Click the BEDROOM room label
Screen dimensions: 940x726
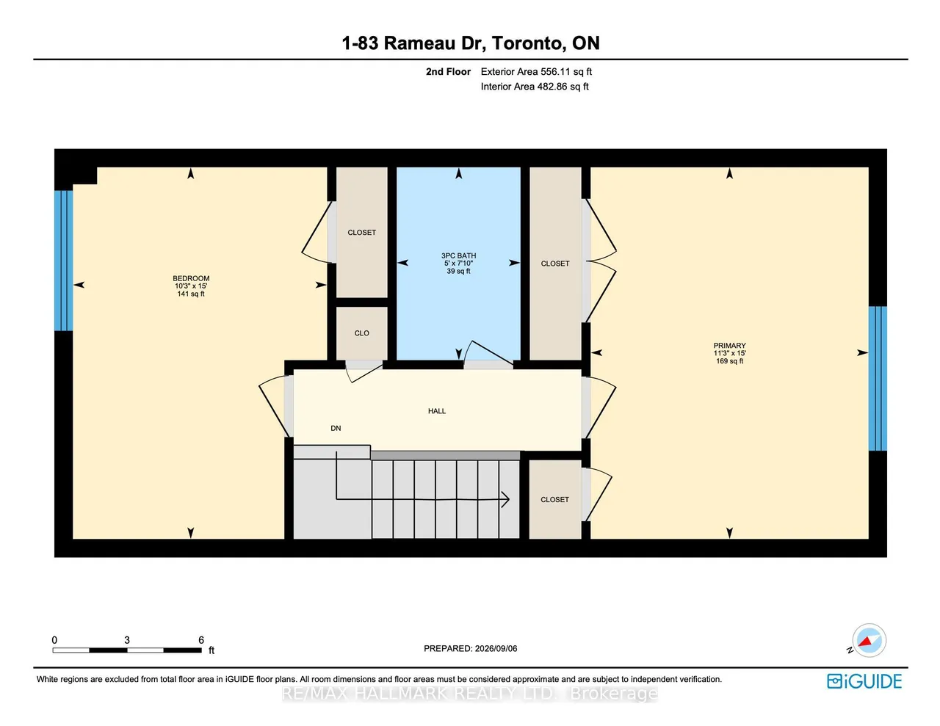[191, 278]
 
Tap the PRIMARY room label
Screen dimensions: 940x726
[729, 346]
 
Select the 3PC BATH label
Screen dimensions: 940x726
[458, 255]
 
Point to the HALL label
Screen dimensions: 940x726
[437, 411]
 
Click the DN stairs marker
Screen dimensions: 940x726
[336, 428]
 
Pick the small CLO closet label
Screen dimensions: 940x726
[361, 333]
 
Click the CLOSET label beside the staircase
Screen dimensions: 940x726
[554, 499]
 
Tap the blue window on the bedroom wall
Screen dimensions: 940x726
[64, 261]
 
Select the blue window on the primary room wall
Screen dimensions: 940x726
[878, 378]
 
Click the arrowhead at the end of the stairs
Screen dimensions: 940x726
[506, 499]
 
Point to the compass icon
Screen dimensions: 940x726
[869, 640]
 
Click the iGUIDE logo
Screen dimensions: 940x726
[864, 681]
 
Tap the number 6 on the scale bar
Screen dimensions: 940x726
[201, 640]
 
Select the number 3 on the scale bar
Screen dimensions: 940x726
[127, 640]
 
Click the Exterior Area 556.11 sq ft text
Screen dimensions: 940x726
[536, 72]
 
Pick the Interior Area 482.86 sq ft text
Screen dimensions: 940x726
[535, 87]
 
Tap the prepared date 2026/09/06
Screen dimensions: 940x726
[496, 648]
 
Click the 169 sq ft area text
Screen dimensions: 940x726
[729, 361]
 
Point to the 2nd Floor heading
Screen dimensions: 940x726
[448, 72]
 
